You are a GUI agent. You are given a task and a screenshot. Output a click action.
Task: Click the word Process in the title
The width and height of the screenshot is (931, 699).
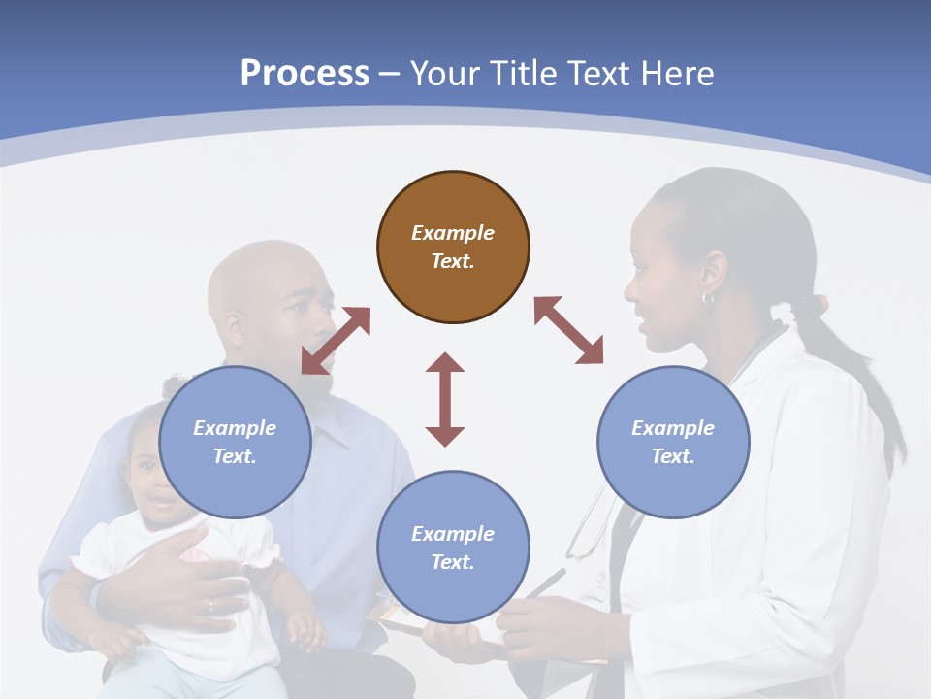pyautogui.click(x=305, y=74)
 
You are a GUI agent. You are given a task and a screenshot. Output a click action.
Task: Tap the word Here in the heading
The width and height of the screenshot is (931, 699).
pyautogui.click(x=675, y=74)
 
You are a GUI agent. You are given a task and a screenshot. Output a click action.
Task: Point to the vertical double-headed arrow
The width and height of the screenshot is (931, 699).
pyautogui.click(x=445, y=399)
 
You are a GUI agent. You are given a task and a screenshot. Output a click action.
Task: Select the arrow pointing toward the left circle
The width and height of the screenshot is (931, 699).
pyautogui.click(x=336, y=341)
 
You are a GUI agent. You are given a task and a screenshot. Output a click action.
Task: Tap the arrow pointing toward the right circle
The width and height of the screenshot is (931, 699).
pyautogui.click(x=568, y=330)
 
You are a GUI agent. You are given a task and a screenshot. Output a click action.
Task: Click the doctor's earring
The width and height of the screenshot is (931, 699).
pyautogui.click(x=708, y=298)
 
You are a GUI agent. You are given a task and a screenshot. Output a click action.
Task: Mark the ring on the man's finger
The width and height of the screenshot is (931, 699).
pyautogui.click(x=210, y=605)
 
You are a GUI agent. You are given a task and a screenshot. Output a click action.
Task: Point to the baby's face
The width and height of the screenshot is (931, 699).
pyautogui.click(x=155, y=485)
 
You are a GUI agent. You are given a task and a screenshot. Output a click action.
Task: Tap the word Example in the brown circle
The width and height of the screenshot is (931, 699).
pyautogui.click(x=453, y=233)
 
